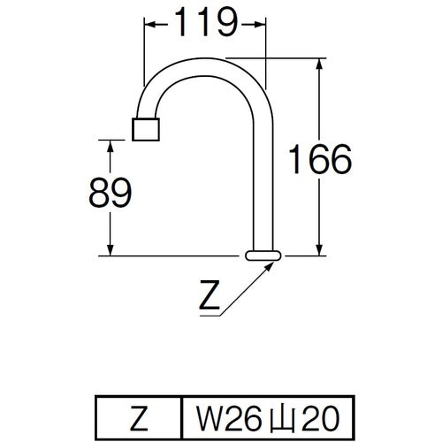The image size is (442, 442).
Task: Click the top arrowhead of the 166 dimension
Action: point(317,64)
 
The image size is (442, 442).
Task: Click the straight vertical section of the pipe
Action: point(263,177)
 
